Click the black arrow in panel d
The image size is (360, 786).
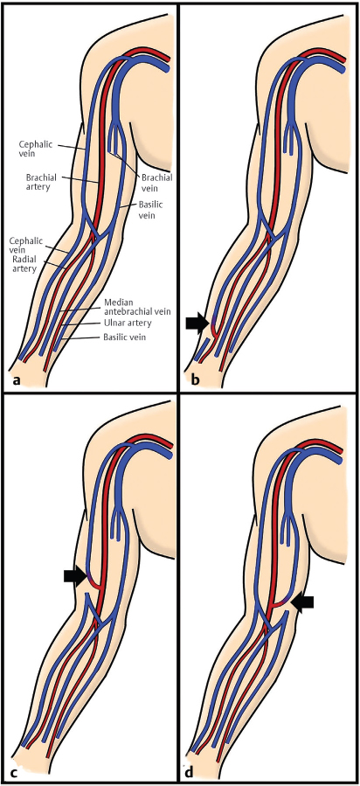[302, 602]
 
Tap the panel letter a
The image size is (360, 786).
[17, 379]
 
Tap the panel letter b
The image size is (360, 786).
[195, 379]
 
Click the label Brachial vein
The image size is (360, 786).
[157, 182]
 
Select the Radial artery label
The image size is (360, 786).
[24, 265]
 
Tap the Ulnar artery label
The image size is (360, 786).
[127, 323]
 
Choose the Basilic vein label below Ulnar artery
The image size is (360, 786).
[124, 338]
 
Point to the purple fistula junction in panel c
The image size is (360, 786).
[90, 581]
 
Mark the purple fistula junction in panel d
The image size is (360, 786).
[283, 601]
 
